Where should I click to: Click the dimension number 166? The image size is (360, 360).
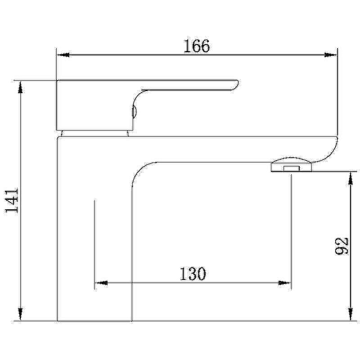point(197,46)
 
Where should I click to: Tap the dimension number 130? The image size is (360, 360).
point(193,274)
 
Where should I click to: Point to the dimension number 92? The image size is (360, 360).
point(342,246)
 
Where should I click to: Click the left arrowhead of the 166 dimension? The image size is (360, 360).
point(63,55)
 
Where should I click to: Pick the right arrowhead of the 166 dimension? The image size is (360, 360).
point(331,55)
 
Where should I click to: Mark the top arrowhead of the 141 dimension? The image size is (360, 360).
point(20,87)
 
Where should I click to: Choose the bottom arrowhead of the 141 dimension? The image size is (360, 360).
point(20,314)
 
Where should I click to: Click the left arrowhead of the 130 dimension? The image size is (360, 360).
point(101,283)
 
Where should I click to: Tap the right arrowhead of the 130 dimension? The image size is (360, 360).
point(284,283)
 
